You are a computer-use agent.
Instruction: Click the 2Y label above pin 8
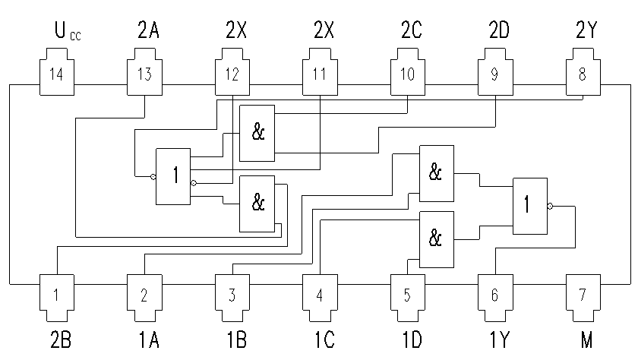(x=586, y=33)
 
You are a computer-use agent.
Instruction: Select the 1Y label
(x=497, y=337)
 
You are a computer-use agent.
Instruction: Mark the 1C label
(x=323, y=337)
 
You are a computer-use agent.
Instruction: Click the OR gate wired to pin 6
(x=529, y=205)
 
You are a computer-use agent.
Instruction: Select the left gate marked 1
(x=173, y=176)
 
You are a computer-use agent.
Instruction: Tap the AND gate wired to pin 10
(x=257, y=133)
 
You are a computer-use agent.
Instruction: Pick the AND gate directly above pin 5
(x=436, y=239)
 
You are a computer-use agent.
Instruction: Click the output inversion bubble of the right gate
(x=550, y=205)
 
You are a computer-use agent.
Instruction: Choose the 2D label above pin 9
(x=500, y=33)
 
